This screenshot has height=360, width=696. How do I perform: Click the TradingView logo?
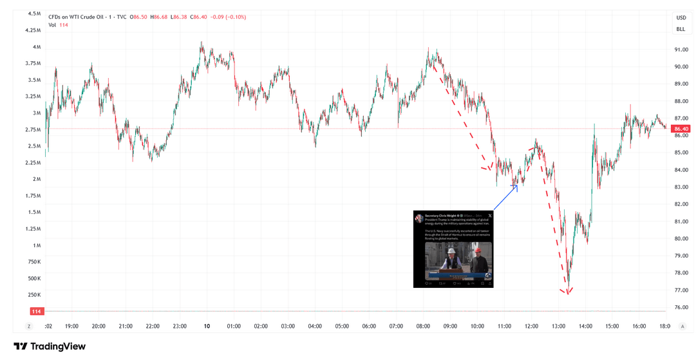[50, 346]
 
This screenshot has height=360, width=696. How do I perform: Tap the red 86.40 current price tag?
[681, 129]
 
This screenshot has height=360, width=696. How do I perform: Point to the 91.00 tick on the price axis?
[681, 50]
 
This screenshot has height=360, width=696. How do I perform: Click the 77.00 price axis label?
[681, 290]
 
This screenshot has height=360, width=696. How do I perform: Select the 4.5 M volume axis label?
[34, 14]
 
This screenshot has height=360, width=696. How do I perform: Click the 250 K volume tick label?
[34, 295]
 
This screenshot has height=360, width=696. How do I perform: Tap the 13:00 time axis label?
[558, 327]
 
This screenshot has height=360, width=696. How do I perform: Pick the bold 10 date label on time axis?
[207, 327]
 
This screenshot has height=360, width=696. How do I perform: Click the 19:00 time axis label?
[71, 327]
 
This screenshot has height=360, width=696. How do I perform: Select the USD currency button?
[681, 18]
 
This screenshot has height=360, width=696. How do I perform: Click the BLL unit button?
[681, 29]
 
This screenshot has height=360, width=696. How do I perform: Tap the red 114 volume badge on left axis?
[36, 312]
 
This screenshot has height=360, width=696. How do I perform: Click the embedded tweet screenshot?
[453, 249]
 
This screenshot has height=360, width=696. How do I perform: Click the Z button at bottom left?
[28, 327]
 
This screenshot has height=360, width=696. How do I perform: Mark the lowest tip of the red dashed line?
[567, 294]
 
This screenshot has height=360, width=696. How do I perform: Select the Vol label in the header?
[52, 25]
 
